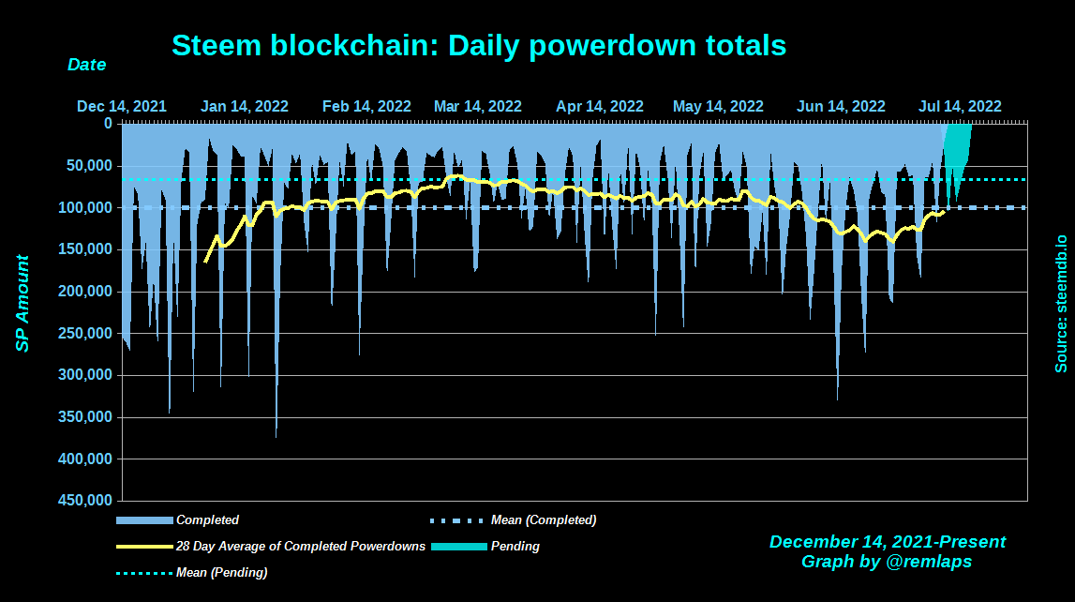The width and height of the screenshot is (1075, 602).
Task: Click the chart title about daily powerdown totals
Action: coord(478,45)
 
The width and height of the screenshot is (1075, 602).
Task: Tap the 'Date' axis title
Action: coord(86,66)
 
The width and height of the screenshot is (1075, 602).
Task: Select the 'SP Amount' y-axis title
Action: coord(22,303)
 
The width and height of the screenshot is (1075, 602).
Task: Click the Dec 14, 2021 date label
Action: coord(122,106)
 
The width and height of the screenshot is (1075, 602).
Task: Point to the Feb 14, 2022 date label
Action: coord(366,106)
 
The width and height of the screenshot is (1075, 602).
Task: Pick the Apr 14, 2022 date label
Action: coord(600,106)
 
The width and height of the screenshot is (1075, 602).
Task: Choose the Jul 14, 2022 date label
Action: coord(960,106)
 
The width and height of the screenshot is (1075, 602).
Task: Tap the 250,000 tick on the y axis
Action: coord(90,334)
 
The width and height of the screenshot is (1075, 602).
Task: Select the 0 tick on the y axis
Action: coord(108,124)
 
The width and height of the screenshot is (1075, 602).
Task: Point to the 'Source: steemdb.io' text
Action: coord(1061,303)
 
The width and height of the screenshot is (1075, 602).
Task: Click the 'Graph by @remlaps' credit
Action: coord(887,562)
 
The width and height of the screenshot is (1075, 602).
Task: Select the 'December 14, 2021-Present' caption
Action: coord(887,542)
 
